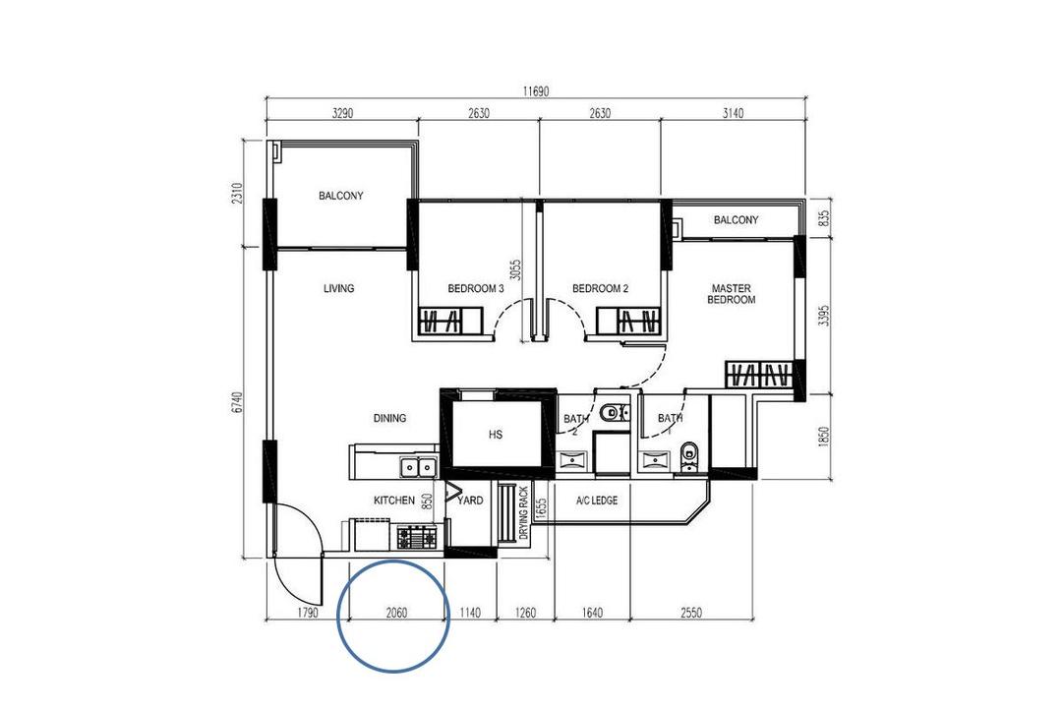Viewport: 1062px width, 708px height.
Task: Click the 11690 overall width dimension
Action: coord(535,90)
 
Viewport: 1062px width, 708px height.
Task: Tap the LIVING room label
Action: coord(338,289)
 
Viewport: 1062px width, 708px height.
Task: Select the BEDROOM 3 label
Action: coord(476,289)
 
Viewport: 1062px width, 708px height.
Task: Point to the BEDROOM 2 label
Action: coord(600,289)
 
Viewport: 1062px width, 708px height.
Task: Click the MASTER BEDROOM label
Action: coord(733,294)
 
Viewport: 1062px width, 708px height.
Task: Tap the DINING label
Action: coord(389,418)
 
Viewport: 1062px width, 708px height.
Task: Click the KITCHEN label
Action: coord(393,501)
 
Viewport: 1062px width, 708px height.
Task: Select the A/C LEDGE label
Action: coord(597,501)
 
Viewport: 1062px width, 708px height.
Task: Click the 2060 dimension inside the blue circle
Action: coord(396,613)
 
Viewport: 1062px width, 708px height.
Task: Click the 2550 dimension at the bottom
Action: coord(691,613)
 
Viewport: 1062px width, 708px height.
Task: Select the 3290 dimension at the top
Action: coord(341,113)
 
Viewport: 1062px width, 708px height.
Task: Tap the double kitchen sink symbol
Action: coord(418,466)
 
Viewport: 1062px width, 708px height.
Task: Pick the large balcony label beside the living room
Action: coord(340,196)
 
